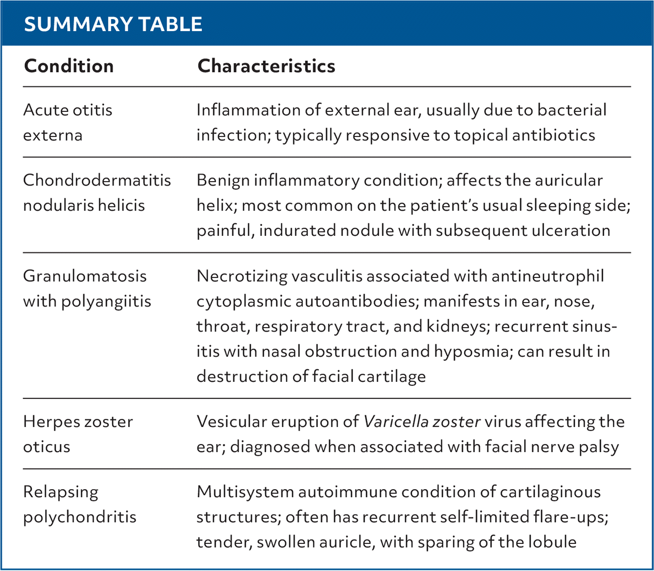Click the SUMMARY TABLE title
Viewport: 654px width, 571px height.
(x=113, y=24)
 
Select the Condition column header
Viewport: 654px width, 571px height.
(x=69, y=66)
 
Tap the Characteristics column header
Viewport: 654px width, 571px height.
(x=266, y=66)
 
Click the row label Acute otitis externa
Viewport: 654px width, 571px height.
(x=68, y=122)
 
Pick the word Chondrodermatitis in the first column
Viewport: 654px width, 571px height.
(x=97, y=180)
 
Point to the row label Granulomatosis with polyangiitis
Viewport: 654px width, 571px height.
(x=87, y=288)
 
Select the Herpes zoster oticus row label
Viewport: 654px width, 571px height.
(x=78, y=434)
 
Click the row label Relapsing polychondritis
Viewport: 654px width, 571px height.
(x=79, y=504)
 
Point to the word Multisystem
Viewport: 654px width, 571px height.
(x=244, y=492)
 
